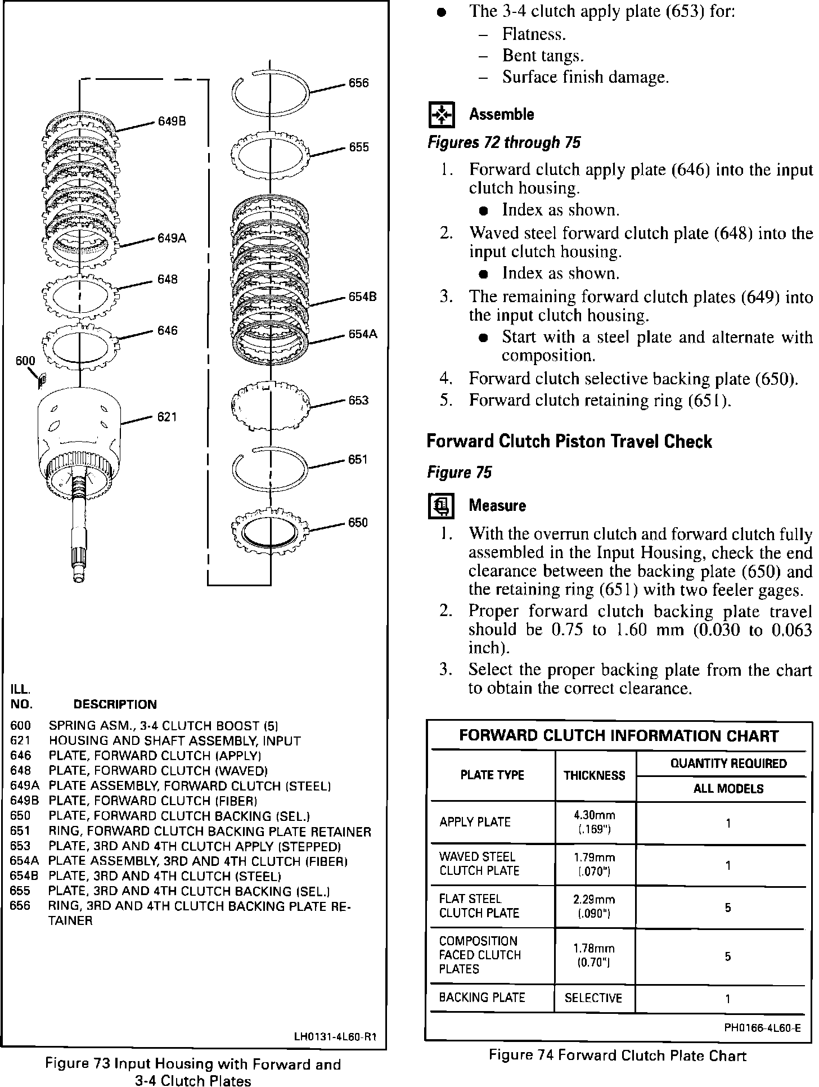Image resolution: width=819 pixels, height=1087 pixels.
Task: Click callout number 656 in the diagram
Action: coord(358,83)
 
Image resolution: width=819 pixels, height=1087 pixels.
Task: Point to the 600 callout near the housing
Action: coord(25,361)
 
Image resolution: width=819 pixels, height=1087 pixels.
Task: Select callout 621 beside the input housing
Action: coord(167,417)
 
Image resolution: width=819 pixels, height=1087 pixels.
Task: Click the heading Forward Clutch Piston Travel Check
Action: coord(569,442)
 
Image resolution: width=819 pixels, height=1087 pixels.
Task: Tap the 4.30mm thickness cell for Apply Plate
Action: coord(595,822)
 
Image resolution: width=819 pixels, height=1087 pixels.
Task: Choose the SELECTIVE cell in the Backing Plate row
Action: coord(593,998)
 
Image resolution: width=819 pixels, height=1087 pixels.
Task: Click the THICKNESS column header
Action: coord(595,775)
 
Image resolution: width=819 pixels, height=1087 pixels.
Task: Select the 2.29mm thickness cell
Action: coord(595,906)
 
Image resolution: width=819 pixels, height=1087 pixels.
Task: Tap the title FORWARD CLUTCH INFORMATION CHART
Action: coord(619,736)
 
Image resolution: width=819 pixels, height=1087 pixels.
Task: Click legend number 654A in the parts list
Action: coord(21,861)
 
